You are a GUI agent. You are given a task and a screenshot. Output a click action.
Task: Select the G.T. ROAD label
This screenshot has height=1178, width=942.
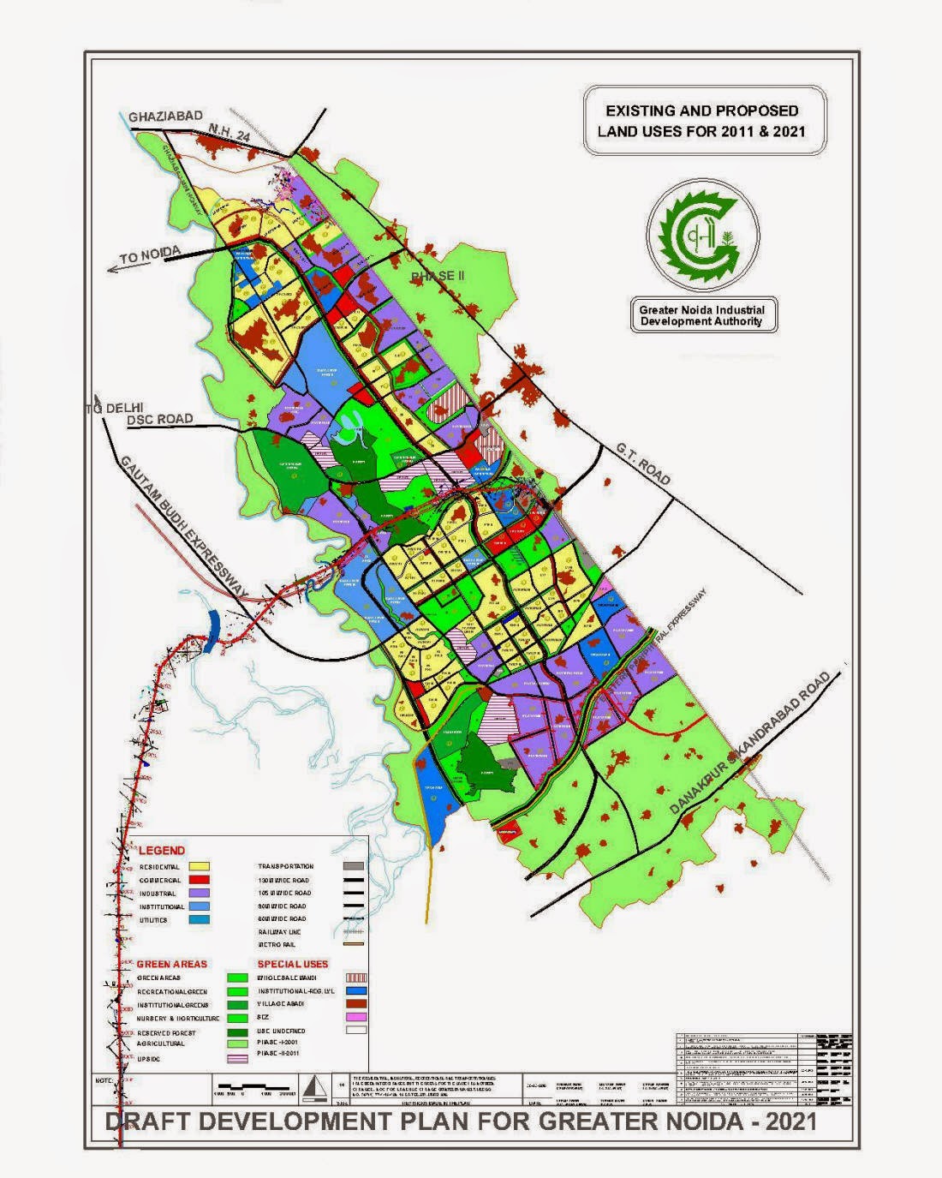(643, 464)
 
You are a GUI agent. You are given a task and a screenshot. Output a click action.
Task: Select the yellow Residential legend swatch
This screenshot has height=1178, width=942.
(200, 867)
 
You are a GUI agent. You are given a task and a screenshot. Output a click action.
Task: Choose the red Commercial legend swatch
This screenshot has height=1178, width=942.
(200, 880)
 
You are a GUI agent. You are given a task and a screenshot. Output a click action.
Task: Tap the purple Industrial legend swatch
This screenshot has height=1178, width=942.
(200, 893)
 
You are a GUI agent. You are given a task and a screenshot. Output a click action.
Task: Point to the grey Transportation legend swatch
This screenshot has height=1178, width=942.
(354, 866)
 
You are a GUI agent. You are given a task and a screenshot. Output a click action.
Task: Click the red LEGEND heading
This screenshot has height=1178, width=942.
(162, 851)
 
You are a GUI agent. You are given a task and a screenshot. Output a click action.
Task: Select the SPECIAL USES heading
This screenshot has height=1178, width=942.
(293, 964)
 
